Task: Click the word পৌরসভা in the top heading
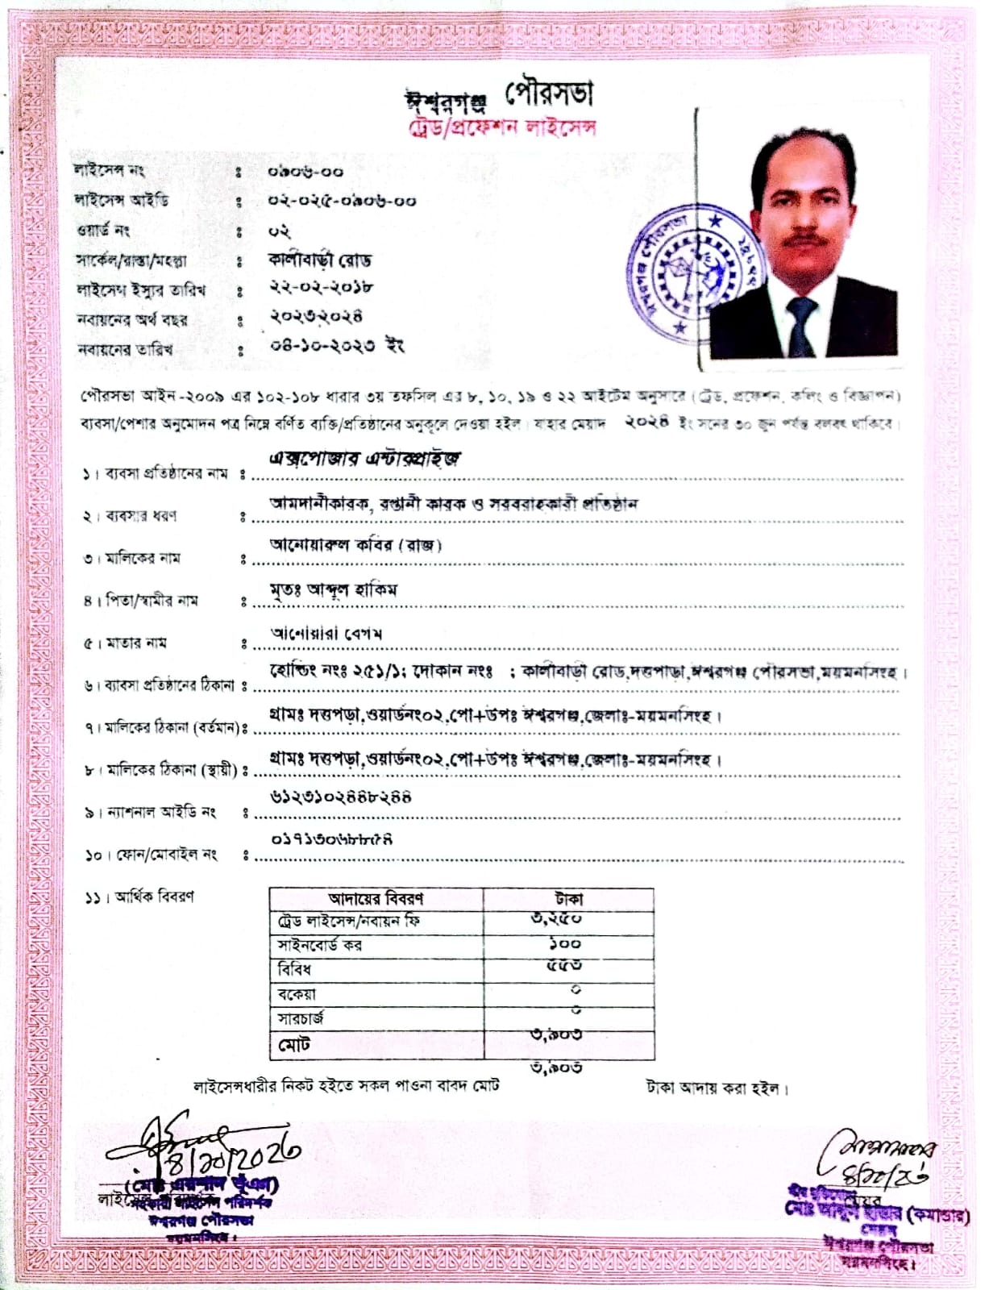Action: point(550,94)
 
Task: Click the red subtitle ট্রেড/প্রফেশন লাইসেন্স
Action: point(501,128)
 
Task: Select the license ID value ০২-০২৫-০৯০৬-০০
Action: point(342,201)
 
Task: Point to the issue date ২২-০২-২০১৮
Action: point(320,288)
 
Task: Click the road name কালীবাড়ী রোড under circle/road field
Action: point(319,260)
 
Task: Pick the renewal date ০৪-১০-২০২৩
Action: point(322,347)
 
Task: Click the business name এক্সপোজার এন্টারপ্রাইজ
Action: point(365,459)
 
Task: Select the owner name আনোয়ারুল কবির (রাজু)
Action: point(355,546)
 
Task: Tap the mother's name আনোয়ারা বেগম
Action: point(326,634)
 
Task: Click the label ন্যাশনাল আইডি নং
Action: point(161,813)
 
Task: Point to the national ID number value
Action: point(340,797)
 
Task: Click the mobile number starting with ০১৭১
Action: point(331,839)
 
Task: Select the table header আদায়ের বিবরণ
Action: point(376,899)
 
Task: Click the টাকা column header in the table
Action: point(568,899)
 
